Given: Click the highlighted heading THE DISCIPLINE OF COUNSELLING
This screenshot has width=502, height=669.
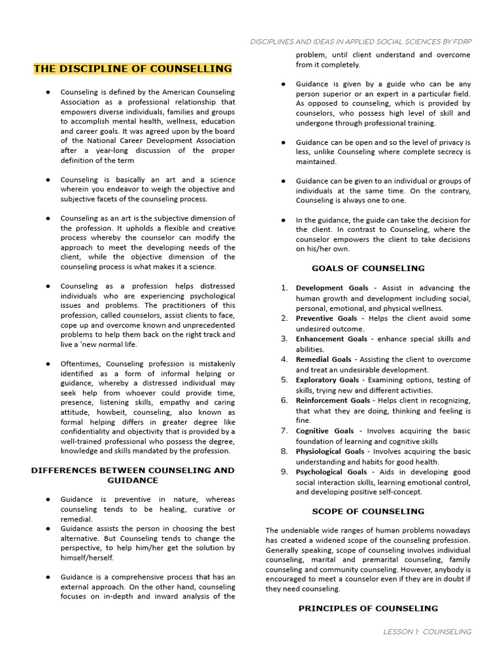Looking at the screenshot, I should pos(133,69).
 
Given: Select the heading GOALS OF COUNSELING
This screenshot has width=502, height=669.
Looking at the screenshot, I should pos(368,269).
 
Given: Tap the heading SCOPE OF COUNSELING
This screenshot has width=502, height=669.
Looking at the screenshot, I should pos(368,512).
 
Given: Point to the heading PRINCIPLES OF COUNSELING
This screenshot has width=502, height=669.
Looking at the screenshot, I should pos(368,608).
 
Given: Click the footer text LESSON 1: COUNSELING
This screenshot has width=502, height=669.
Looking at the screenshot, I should pos(427,632).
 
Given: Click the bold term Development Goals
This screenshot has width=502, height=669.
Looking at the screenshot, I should pos(323,288).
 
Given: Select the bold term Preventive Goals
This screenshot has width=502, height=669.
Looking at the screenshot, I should pos(326,319).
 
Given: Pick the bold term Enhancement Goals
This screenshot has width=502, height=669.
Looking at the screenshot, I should pos(331,339).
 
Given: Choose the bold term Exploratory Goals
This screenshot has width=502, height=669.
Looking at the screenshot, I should pos(327,380).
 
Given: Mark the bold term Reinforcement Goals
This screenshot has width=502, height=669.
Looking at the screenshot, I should pos(333,400).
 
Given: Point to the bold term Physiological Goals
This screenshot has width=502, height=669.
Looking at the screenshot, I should pos(330,451).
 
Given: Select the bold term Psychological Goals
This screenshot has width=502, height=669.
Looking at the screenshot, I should pos(331,472).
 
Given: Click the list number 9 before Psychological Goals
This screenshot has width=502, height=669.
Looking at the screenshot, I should pos(284,472).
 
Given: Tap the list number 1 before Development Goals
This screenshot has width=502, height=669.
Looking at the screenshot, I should pos(284,288).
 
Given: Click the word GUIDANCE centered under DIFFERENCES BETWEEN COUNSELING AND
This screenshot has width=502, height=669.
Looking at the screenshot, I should pos(133,480).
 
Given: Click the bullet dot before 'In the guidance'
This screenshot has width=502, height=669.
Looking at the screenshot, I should pos(283,220).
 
